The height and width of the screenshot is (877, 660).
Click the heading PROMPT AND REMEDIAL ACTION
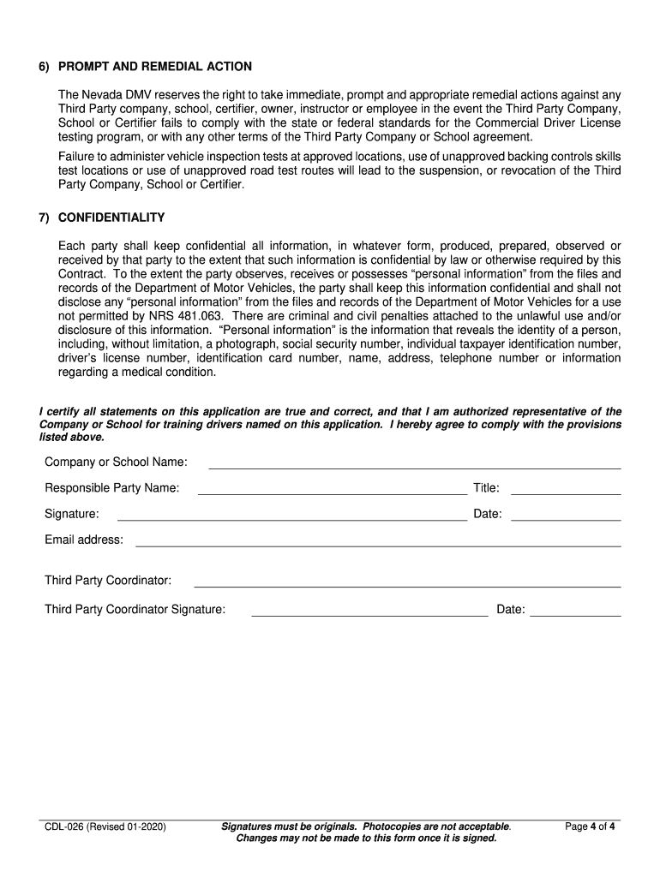click(x=154, y=67)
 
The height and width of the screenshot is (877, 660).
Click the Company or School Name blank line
click(x=415, y=468)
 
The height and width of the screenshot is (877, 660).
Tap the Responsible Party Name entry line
click(x=333, y=493)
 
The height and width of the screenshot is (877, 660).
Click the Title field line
click(x=566, y=493)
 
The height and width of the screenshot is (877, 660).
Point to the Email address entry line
click(x=378, y=545)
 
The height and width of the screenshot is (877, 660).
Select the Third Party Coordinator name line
click(x=407, y=586)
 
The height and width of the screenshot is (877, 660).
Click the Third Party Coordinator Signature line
click(x=369, y=615)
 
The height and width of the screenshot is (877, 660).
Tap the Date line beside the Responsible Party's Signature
click(x=566, y=519)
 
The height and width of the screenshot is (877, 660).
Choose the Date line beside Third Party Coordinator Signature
click(x=576, y=615)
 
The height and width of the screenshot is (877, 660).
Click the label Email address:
click(x=84, y=540)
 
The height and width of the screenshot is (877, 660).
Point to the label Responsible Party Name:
click(x=112, y=488)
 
